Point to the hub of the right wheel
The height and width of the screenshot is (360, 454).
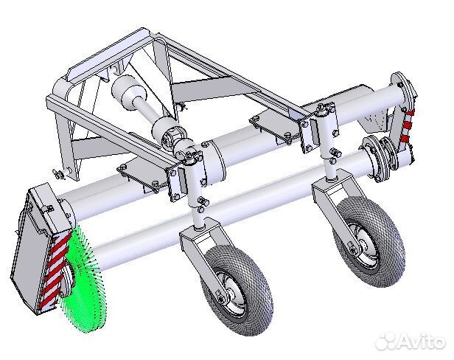(362, 243)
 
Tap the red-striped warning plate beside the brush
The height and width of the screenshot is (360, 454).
(54, 272)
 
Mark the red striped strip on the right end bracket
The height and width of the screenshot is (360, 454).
(407, 125)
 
